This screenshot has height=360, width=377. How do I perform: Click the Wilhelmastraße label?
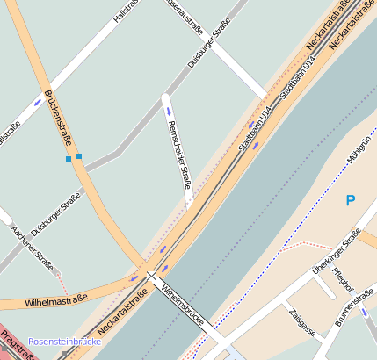click(x=57, y=300)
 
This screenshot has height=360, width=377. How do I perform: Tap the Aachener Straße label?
click(x=33, y=248)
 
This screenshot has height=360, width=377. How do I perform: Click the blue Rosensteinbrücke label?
click(x=65, y=341)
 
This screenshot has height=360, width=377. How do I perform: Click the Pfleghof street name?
click(x=343, y=282)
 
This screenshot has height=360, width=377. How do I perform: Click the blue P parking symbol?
click(x=351, y=201)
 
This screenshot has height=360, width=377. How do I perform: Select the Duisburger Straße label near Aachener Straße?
click(x=54, y=213)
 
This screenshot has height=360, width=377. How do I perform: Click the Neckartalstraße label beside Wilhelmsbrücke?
click(x=121, y=318)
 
